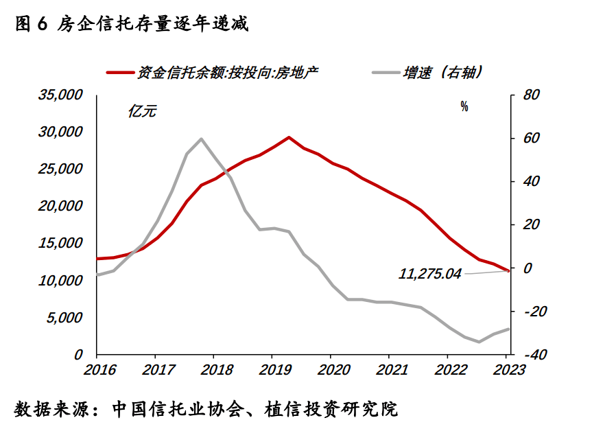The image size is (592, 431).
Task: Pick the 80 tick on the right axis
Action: tap(532, 94)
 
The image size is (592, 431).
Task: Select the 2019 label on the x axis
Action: tap(272, 369)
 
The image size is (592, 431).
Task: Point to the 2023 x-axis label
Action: tap(507, 369)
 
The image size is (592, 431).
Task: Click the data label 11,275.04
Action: tap(430, 274)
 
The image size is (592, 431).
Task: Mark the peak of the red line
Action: tap(289, 137)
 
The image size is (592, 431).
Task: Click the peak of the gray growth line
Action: tap(201, 139)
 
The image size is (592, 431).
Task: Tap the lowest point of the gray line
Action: tap(479, 341)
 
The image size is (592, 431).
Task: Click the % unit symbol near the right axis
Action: tap(464, 106)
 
